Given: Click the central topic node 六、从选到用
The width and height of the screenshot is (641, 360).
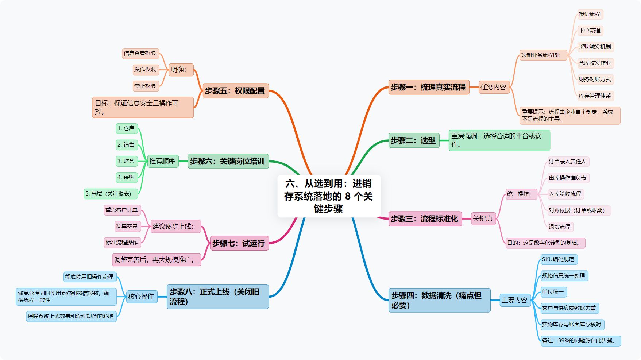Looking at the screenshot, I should (x=329, y=196).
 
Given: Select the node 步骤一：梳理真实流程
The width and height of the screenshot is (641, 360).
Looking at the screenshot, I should (x=428, y=87).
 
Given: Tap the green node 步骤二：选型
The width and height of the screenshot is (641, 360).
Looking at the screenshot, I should (x=413, y=140).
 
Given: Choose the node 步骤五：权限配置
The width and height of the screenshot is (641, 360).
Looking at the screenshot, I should (x=235, y=91).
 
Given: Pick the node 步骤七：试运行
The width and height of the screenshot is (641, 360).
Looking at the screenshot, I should (x=239, y=243).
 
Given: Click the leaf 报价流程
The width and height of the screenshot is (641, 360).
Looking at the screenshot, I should (x=590, y=14).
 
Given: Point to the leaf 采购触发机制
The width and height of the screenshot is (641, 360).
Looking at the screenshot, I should (x=595, y=47).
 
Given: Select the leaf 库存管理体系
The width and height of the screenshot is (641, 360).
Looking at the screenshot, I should (x=595, y=96).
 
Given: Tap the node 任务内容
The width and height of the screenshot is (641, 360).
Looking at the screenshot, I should (x=494, y=87).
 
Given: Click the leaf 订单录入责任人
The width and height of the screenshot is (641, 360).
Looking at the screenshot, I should (x=568, y=162).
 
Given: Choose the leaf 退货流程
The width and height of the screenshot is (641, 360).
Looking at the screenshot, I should (x=560, y=227).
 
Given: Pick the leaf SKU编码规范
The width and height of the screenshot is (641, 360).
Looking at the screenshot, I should (x=558, y=259).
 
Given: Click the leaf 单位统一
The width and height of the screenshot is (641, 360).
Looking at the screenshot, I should (x=553, y=292).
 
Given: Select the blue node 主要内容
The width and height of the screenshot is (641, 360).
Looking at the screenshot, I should (x=514, y=300).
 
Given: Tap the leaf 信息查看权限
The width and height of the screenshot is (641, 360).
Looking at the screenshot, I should (x=140, y=53).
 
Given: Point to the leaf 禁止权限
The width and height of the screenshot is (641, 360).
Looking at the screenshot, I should (x=145, y=86).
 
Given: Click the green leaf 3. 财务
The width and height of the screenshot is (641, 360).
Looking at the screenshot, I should (x=126, y=161).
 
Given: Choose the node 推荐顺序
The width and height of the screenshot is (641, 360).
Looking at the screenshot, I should (x=162, y=161).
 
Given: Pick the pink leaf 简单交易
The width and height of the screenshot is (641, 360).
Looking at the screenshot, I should (x=127, y=226).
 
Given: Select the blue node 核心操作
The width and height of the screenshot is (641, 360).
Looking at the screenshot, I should (x=141, y=297).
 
